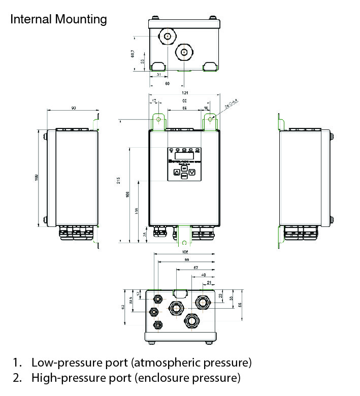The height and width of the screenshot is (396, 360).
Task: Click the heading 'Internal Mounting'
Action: (58, 19)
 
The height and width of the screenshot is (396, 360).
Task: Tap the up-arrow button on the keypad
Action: (176, 172)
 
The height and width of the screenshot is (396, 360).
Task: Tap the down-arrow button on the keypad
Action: (192, 172)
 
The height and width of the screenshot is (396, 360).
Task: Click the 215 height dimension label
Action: (118, 180)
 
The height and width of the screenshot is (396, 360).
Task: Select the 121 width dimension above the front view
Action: (184, 93)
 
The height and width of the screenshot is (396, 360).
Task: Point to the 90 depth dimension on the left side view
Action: (73, 109)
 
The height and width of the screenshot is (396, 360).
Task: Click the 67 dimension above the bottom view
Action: (196, 268)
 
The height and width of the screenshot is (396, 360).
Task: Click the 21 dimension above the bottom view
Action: (209, 283)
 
